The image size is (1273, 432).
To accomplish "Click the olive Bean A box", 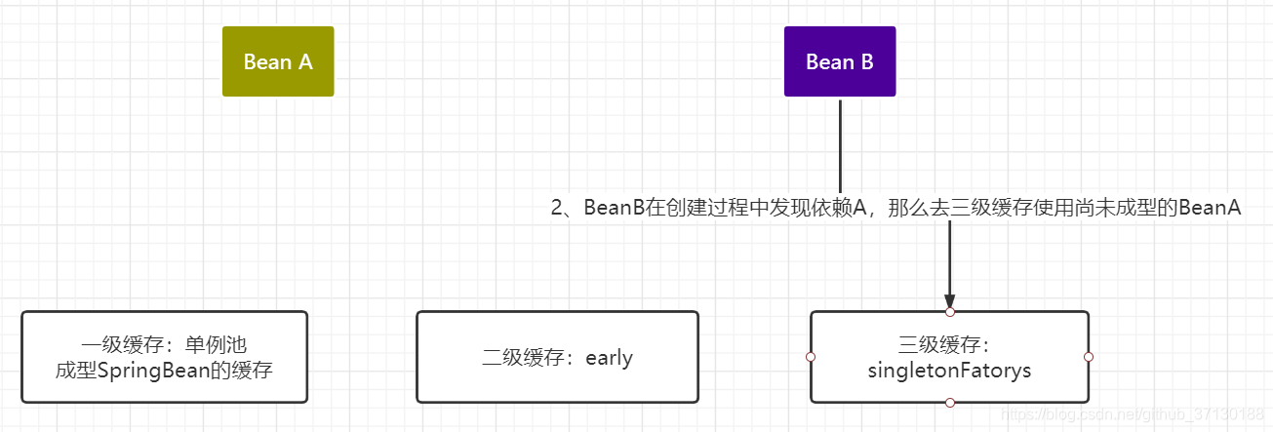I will point(278,61).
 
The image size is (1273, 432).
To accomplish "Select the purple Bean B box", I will point(839,61).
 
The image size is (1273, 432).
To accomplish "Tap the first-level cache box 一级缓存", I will point(164,357).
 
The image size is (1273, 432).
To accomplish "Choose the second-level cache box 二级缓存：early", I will point(557,357).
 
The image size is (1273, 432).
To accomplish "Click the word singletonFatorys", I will point(949,371).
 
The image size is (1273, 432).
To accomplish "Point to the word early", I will point(610,358).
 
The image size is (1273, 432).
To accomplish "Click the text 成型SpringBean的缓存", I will point(164,371).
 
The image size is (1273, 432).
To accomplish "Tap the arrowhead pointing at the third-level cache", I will point(949,302).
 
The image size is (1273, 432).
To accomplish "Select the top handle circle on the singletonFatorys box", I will point(949,312).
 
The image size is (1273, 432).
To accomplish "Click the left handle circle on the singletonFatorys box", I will point(810,357).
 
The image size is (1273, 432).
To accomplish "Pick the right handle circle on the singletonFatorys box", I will point(1089,357).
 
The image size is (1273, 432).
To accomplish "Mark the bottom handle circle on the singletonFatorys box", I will point(949,402).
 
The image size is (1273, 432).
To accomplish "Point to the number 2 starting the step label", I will point(558,209).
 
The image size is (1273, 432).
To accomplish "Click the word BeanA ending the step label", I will point(1210,209).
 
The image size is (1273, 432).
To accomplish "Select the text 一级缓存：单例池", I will point(164,344).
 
